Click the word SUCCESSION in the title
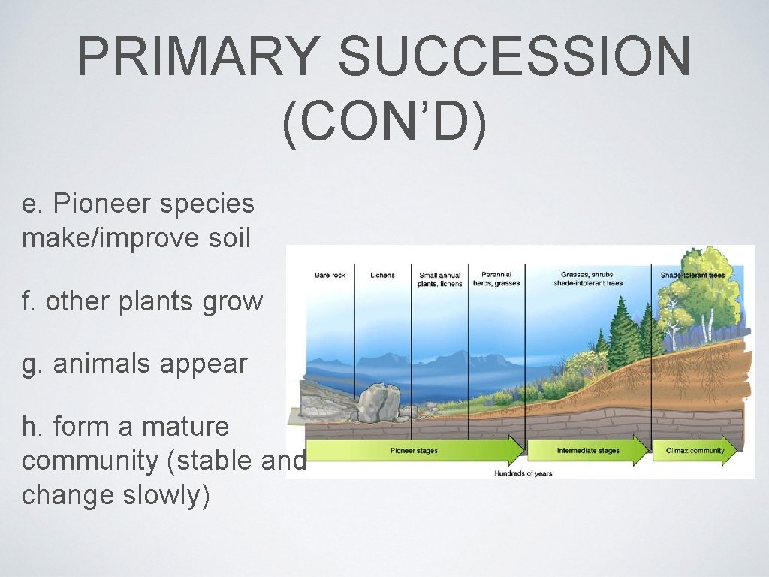coord(514,58)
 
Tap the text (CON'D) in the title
coord(384,123)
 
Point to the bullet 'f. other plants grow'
coord(143,301)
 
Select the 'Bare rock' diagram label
coord(330,276)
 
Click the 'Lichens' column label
coord(382,276)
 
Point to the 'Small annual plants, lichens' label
coord(440,279)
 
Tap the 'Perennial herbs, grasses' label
coord(496,279)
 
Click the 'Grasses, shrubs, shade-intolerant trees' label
coord(588,279)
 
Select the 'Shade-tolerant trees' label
coord(692,276)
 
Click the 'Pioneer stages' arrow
coord(415,451)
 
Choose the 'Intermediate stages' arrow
coord(588,451)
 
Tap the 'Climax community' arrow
coord(695,451)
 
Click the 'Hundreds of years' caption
coord(523,473)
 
